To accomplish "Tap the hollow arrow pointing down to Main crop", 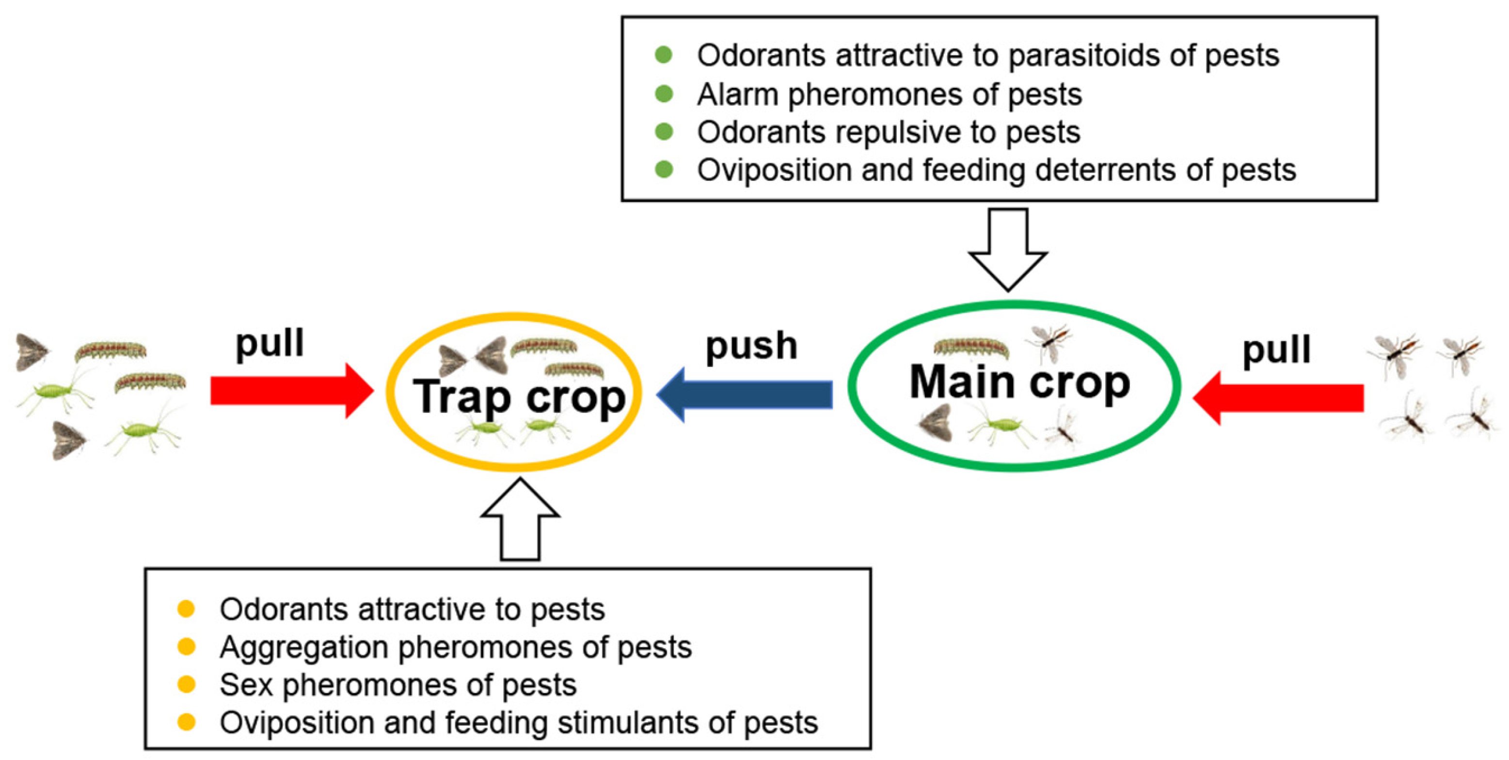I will [x=1008, y=249].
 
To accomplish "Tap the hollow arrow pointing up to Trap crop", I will [x=520, y=520].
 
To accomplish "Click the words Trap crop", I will [x=519, y=397].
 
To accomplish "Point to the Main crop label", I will [x=1019, y=383].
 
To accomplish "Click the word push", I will [x=751, y=346].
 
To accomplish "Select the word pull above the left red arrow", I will [x=270, y=343].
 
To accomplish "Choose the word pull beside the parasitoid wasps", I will [x=1276, y=349].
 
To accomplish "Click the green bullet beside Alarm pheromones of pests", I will [x=664, y=94].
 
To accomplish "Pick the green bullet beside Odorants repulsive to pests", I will [x=664, y=132].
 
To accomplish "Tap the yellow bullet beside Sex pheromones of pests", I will [x=186, y=684].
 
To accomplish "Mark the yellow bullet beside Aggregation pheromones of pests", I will [x=186, y=647].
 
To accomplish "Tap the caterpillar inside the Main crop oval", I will [x=970, y=348].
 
